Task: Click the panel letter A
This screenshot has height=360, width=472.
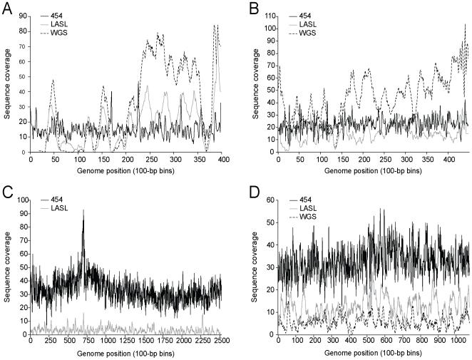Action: coord(6,6)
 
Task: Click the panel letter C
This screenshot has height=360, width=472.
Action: coord(6,190)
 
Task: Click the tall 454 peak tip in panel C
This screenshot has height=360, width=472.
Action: coord(83,210)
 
